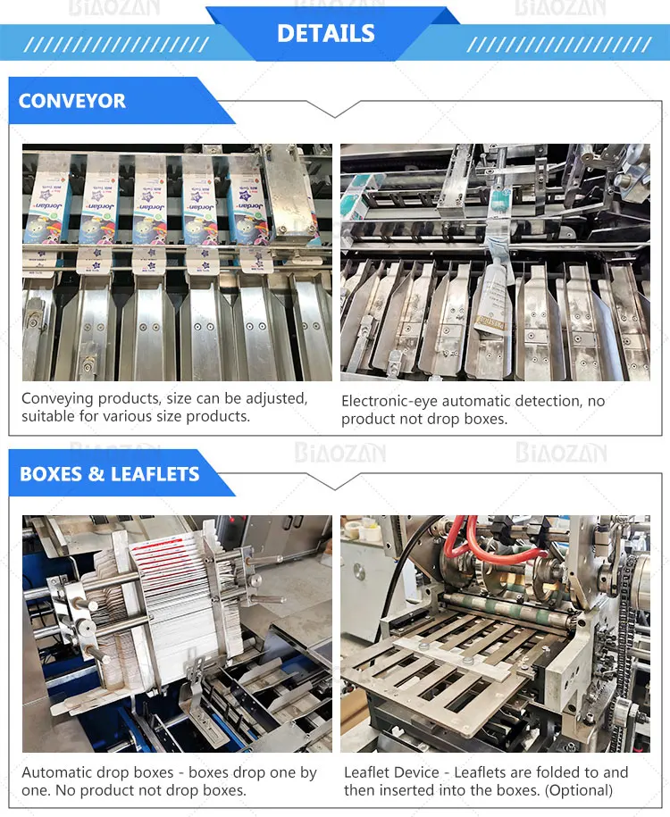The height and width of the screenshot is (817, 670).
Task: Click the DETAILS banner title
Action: tap(326, 34)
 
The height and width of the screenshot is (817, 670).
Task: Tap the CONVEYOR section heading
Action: tap(72, 101)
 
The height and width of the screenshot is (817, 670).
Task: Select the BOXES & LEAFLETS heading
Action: tap(109, 473)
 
